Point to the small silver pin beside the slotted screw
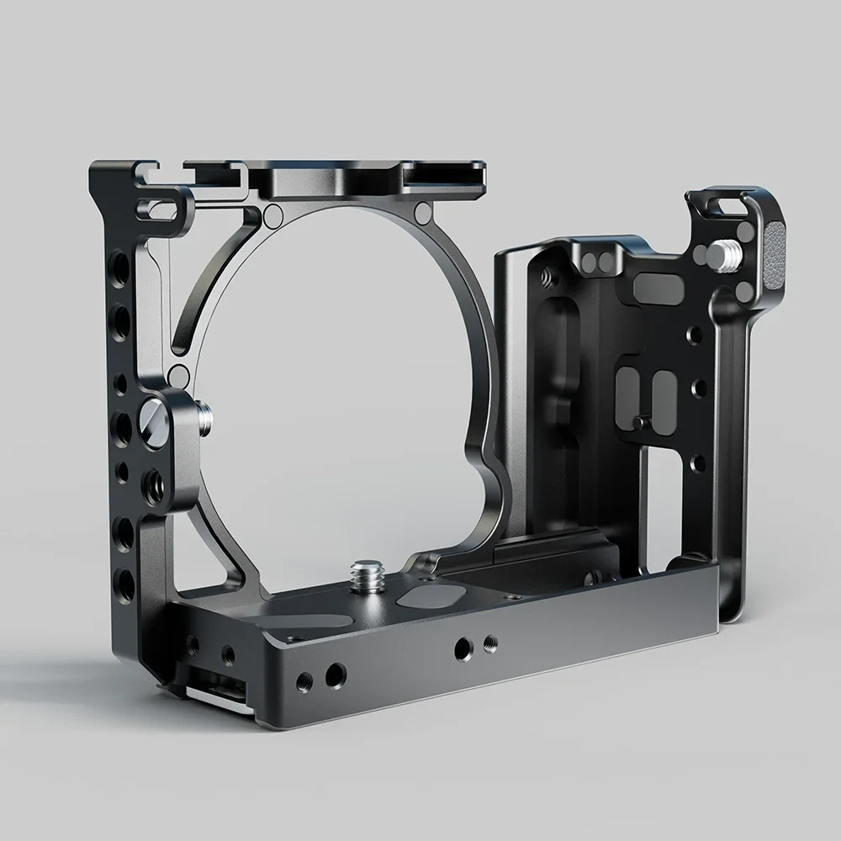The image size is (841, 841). (x=205, y=411)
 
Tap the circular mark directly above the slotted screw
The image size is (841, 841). (x=178, y=374)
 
